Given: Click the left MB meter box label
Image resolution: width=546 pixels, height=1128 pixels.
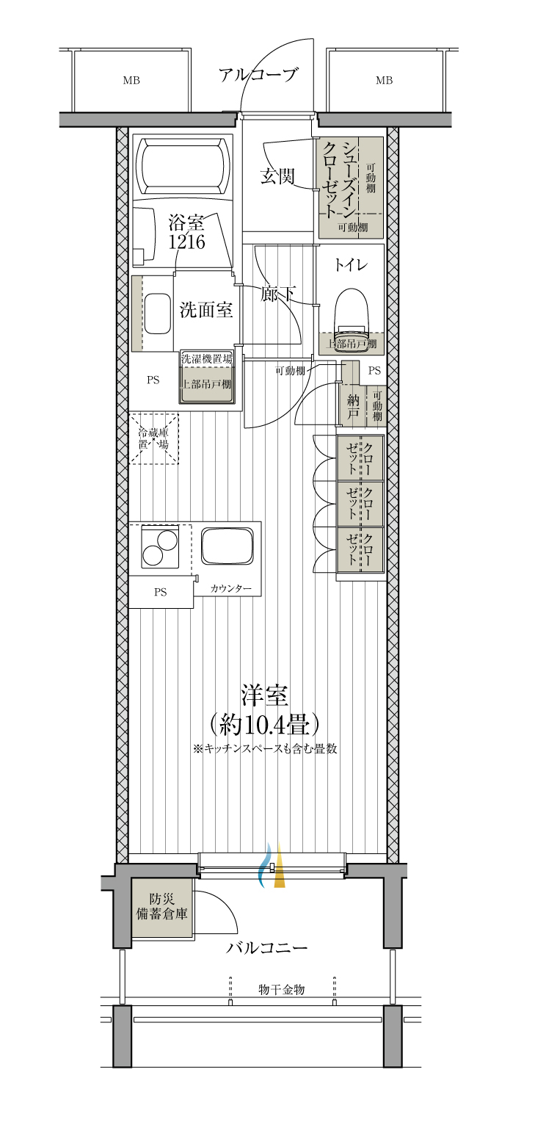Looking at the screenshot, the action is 131,80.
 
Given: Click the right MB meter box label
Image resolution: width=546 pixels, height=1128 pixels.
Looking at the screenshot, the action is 384,80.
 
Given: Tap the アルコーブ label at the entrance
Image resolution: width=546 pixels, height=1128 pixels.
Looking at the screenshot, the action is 258,74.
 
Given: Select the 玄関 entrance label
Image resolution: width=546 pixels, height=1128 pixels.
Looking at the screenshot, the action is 277,176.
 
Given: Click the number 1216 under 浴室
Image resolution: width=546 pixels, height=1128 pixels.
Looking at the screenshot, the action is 186,242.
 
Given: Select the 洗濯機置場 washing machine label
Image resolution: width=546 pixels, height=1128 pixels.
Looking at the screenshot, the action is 207,359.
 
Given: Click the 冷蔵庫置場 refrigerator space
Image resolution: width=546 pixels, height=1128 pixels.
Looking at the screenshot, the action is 153,438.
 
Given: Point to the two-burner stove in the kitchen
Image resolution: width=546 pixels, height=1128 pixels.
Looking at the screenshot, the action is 160,546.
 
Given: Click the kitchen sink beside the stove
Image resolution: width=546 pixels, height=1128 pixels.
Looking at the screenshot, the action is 227,546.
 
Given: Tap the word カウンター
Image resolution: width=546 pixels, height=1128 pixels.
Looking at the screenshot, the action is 231,588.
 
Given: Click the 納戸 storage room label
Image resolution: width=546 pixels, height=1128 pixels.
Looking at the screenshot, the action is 353,408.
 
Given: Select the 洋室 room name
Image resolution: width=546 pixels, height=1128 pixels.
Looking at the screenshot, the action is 265,695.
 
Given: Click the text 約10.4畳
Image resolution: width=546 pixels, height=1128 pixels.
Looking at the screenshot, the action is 265,725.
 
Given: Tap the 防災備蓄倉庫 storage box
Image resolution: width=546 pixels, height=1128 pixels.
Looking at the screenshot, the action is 162,908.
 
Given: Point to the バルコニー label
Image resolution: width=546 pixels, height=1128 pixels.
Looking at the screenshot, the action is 266,948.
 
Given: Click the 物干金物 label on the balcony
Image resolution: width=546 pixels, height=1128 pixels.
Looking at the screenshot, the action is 282,989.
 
